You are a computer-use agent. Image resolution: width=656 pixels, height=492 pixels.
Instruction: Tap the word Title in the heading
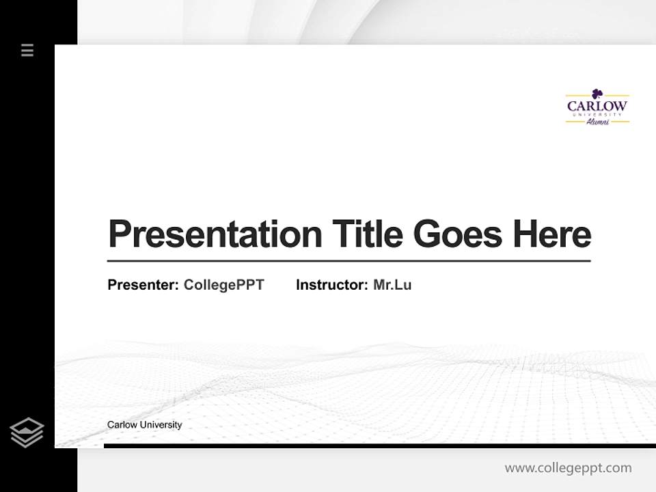367,234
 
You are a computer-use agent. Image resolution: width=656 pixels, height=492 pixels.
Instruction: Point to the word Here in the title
551,234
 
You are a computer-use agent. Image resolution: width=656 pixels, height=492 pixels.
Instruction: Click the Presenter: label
143,285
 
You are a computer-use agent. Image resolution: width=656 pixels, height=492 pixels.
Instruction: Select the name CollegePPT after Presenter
223,285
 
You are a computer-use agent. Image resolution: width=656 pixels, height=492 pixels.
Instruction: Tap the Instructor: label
331,285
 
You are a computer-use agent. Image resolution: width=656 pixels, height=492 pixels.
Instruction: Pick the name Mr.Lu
392,285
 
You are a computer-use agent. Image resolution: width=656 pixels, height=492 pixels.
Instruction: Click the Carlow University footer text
144,425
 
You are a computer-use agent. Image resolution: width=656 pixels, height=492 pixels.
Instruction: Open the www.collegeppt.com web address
568,468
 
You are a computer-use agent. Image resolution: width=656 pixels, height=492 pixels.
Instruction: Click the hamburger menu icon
27,50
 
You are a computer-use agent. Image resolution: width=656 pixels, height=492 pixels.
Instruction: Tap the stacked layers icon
27,433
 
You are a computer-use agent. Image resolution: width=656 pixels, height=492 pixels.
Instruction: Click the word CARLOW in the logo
597,106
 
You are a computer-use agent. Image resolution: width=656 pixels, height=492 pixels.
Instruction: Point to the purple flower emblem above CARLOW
597,93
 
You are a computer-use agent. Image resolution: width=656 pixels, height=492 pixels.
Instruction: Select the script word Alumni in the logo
597,122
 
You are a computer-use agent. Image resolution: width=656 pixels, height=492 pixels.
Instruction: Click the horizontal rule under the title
348,261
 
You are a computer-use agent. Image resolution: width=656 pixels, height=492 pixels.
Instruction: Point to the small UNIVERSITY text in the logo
597,114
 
